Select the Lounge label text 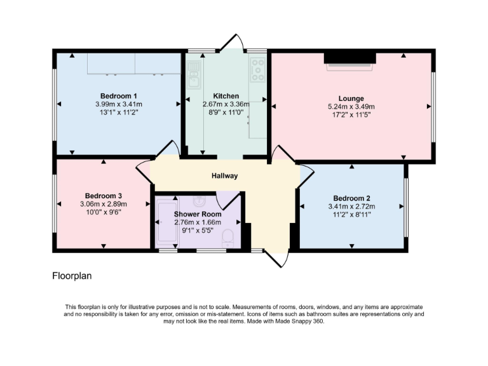[351, 98]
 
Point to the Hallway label [225, 176]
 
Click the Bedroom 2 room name [351, 198]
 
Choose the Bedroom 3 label [104, 196]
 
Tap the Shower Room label [196, 215]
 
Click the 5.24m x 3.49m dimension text [351, 107]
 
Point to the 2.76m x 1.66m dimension [196, 223]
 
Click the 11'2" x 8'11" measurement [351, 214]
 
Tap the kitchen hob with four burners [257, 70]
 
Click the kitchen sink [193, 79]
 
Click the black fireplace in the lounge [349, 58]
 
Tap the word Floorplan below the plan [72, 276]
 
